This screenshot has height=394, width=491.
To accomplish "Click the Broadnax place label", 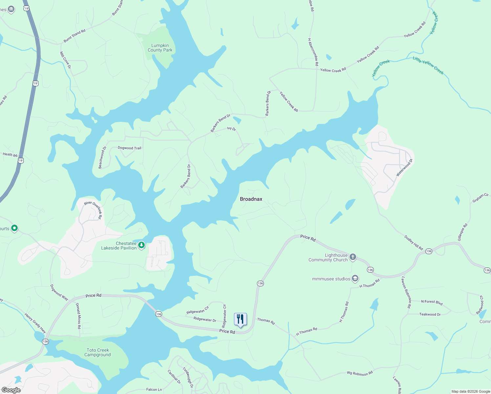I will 251,199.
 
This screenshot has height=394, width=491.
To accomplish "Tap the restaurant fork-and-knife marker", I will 240,319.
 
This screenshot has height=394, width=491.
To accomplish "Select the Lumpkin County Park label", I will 160,48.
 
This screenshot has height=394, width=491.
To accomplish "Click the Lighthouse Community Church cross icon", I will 353,257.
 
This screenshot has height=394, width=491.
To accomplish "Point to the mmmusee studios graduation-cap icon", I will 355,279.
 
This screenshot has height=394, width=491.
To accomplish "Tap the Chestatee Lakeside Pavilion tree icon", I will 141,245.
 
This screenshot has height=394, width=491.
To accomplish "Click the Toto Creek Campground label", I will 98,352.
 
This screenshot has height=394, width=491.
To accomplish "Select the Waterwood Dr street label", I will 404,168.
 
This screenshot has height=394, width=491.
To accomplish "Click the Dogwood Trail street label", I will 129,148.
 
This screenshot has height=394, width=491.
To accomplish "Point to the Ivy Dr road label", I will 231,129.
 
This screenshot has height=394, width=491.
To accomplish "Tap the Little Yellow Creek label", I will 428,66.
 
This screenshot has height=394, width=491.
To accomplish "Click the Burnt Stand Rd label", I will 75,36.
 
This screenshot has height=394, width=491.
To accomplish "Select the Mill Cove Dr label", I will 65,60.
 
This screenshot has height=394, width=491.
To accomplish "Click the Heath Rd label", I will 10,154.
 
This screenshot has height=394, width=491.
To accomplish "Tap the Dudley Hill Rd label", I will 414,243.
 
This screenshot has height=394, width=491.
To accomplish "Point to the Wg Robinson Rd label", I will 360,373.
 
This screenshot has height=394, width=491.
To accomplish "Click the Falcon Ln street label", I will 154,389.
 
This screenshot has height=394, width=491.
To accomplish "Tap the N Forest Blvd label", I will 432,302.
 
